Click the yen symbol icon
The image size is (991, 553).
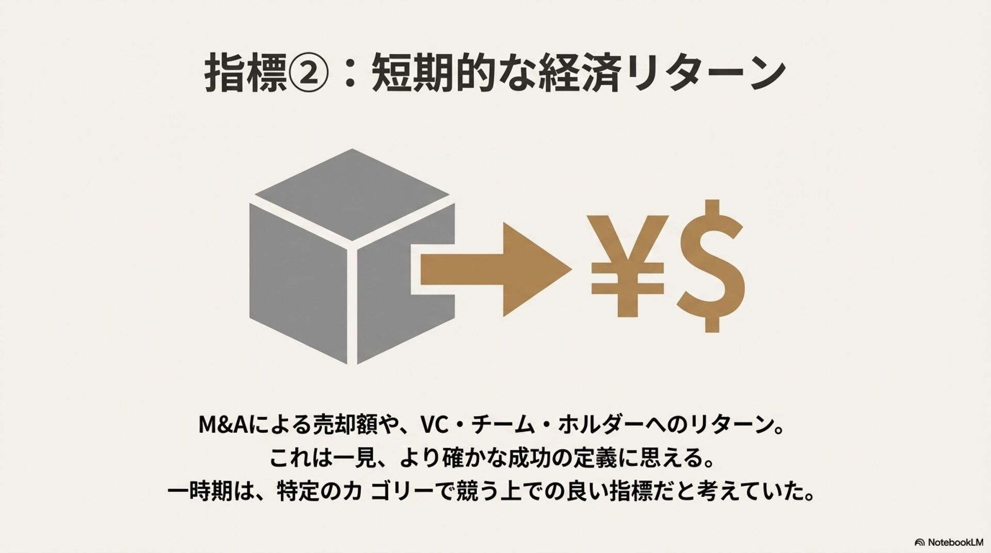tap(627, 266)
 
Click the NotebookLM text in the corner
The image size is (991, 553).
tap(955, 542)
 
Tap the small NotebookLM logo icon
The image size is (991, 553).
tap(919, 542)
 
